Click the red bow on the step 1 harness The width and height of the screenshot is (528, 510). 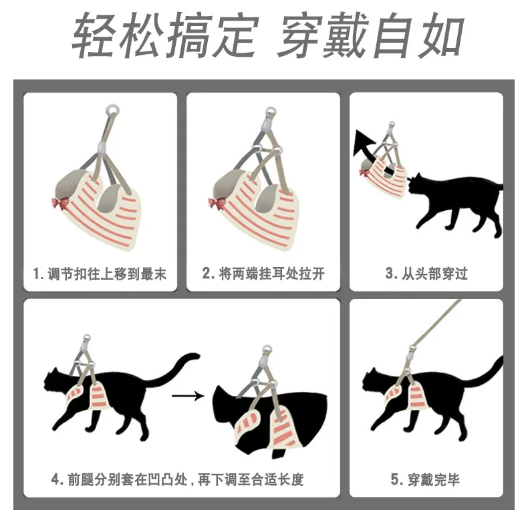[x=59, y=204]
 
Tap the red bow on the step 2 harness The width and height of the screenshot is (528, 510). [x=216, y=204]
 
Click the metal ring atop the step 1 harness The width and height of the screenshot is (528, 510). [x=112, y=109]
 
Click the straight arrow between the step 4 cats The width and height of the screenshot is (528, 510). [x=188, y=396]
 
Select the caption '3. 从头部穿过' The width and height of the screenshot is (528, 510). [x=426, y=274]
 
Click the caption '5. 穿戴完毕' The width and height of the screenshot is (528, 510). [x=426, y=479]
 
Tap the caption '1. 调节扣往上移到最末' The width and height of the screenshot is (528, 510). [x=100, y=274]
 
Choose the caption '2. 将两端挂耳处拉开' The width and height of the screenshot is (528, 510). [x=263, y=274]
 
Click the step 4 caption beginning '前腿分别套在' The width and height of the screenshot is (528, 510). [x=178, y=479]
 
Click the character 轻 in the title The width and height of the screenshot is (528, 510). [x=94, y=35]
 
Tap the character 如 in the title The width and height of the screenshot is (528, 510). [x=439, y=35]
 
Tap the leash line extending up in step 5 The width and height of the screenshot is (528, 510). [x=436, y=322]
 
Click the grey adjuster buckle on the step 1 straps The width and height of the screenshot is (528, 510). [x=103, y=147]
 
